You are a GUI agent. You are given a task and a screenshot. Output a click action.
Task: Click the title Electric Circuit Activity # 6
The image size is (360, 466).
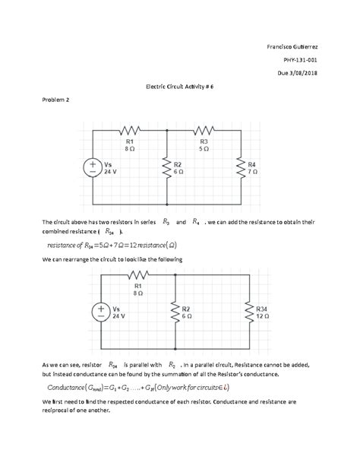[180, 88]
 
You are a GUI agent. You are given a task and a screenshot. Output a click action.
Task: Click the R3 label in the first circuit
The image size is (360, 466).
[204, 141]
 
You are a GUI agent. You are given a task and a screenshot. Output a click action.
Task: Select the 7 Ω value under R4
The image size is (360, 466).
[252, 173]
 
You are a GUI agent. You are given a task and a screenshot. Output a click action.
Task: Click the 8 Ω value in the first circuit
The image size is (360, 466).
[130, 149]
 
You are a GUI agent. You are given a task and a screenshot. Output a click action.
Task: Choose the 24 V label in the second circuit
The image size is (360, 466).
[118, 317]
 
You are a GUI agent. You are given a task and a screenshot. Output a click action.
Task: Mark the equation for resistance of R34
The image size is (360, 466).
[112, 245]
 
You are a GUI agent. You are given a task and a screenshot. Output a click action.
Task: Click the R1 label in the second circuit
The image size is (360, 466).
[138, 286]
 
